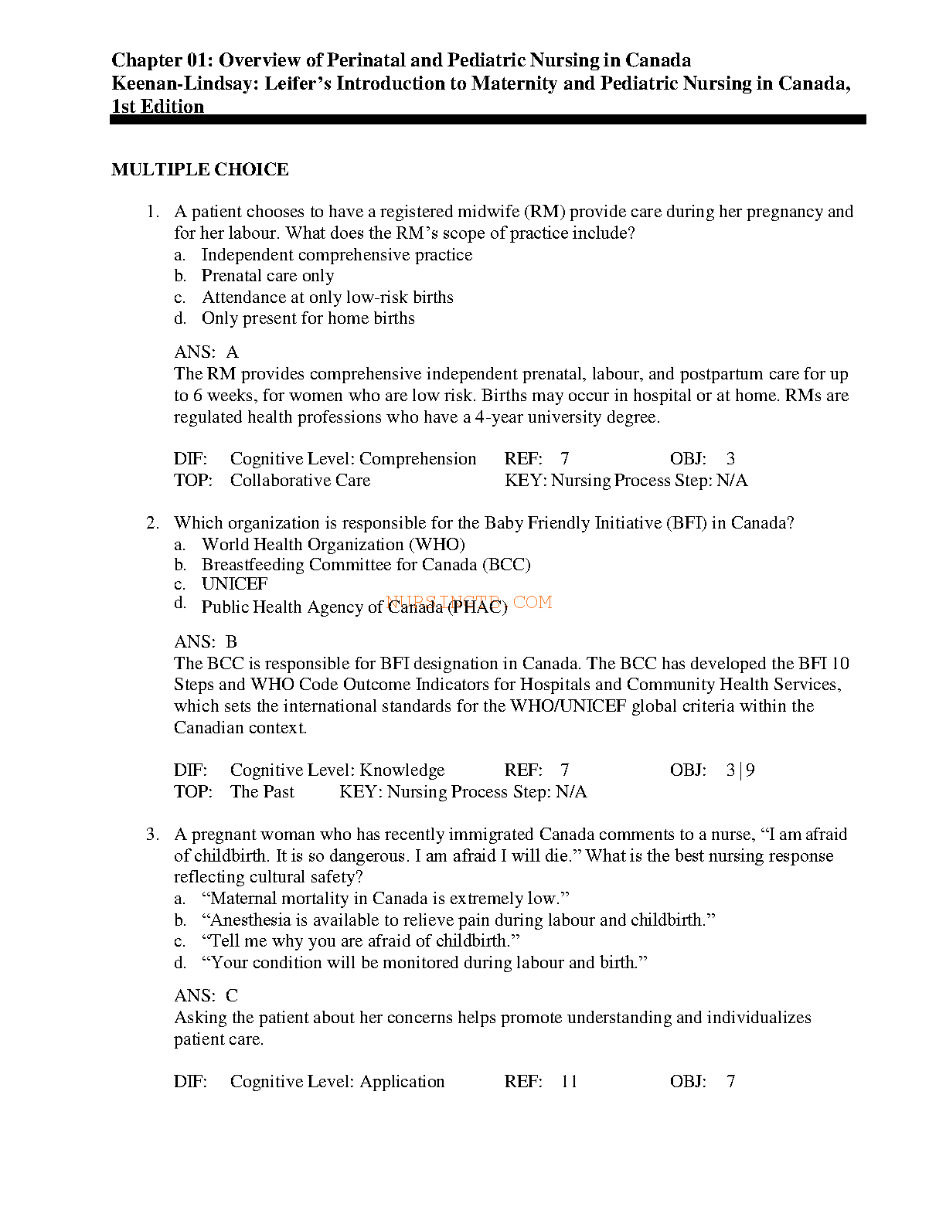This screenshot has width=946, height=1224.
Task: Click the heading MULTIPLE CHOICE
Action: (x=199, y=170)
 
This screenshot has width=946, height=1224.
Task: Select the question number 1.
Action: (x=152, y=212)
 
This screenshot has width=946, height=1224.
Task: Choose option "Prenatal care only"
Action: (x=267, y=276)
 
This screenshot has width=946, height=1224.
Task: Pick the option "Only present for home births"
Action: (x=308, y=318)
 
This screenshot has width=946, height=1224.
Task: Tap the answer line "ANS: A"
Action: (x=206, y=352)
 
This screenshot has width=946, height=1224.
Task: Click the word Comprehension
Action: (x=417, y=459)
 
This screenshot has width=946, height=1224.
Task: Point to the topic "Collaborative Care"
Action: (x=300, y=481)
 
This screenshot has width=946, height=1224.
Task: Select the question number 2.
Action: (x=152, y=523)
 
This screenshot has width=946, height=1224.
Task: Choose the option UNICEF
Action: (x=234, y=584)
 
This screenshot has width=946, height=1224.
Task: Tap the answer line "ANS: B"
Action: (x=206, y=642)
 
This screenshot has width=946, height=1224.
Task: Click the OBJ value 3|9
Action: (x=740, y=770)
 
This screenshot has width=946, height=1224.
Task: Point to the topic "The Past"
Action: (x=262, y=792)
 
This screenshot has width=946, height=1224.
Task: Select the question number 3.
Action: (x=152, y=835)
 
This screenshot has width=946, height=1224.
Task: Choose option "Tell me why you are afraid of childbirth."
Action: (x=360, y=941)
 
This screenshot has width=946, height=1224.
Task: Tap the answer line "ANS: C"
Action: (x=206, y=996)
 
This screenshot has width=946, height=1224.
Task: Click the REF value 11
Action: (x=569, y=1082)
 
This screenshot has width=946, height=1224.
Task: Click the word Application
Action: (x=402, y=1082)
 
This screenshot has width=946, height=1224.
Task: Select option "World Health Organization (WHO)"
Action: (x=333, y=545)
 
